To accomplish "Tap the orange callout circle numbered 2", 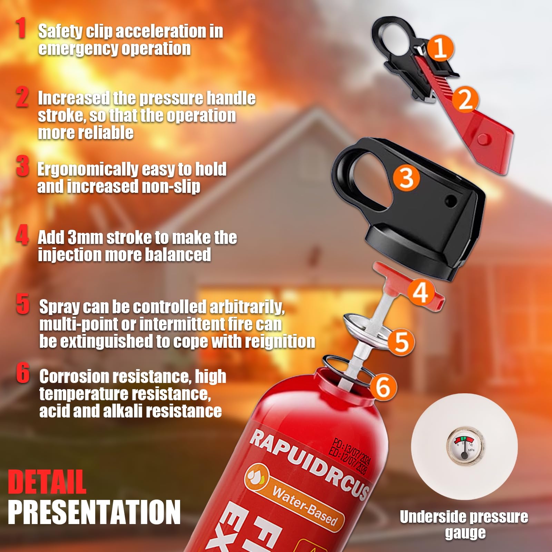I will click(x=465, y=99).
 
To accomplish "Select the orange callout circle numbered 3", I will click(x=406, y=177).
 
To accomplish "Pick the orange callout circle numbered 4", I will click(x=421, y=292).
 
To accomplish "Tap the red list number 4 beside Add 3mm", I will click(x=22, y=236).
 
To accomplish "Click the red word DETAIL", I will click(x=47, y=482).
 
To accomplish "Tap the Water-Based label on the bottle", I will click(x=304, y=504).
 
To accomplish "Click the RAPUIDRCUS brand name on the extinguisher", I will click(x=308, y=461).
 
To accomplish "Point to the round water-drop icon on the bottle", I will click(x=257, y=477).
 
